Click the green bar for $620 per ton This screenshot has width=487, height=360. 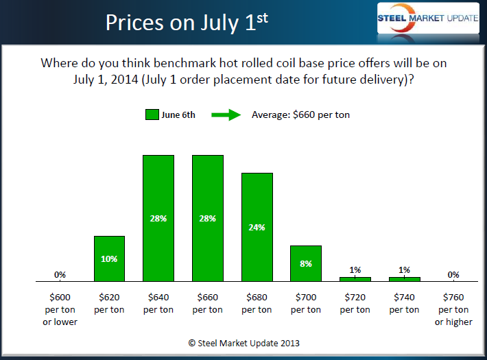coord(109,259)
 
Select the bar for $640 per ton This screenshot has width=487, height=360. coord(158,218)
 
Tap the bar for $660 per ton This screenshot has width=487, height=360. coord(208,218)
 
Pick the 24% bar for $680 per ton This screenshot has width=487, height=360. coord(257,227)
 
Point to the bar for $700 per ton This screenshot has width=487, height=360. coord(306,263)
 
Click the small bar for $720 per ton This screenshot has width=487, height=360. coord(355,279)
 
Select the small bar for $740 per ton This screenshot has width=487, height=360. coord(405,279)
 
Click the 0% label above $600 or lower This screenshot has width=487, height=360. coord(60,274)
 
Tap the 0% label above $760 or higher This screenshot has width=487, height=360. coord(453,274)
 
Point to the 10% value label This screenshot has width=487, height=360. coord(109,259)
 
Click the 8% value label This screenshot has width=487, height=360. coord(306,263)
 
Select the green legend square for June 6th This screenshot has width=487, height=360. coord(152,115)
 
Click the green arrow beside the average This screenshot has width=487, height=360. coord(225,115)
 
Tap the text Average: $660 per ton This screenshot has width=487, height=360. coord(300,115)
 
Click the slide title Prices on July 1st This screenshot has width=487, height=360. coord(186,22)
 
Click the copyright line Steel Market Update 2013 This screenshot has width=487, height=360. coord(243,342)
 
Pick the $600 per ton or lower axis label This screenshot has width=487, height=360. coord(60,309)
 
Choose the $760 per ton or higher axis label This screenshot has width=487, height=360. coord(453,309)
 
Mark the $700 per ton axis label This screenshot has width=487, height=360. coord(306,303)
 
